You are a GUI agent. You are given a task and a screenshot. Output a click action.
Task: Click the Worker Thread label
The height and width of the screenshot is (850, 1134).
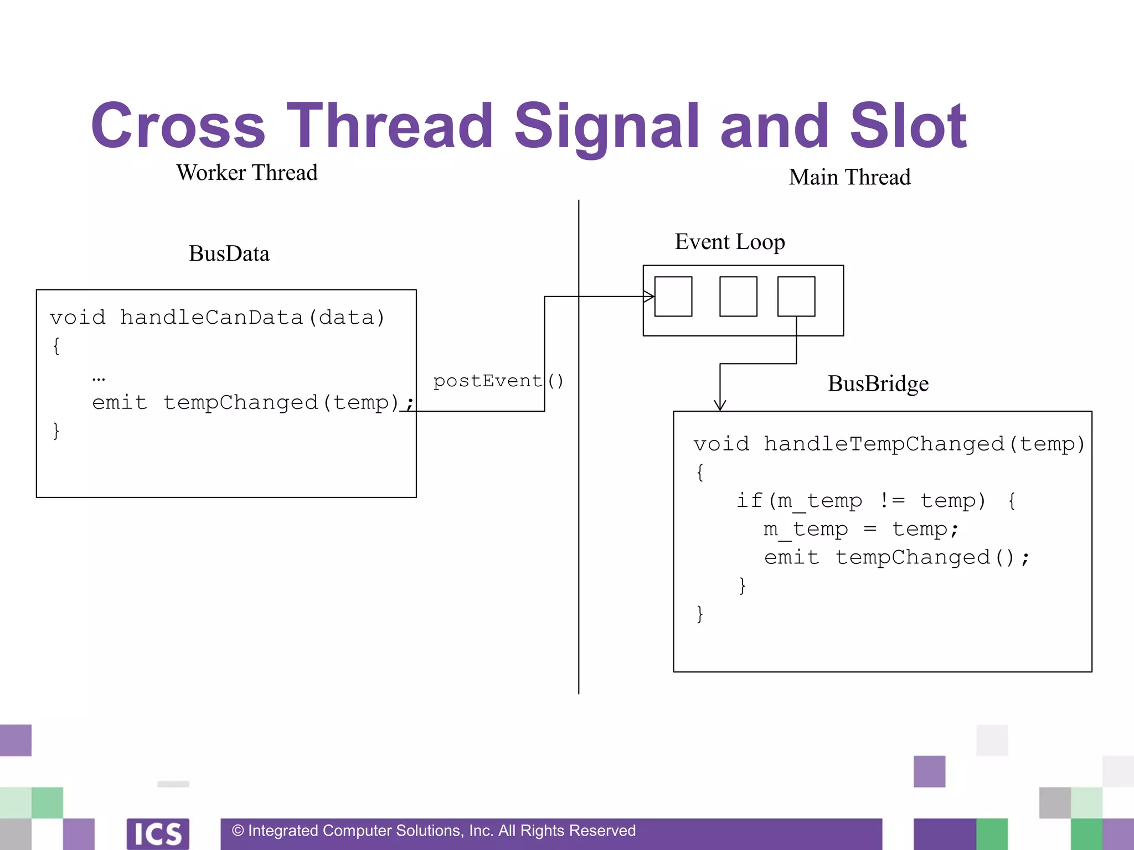[x=247, y=173]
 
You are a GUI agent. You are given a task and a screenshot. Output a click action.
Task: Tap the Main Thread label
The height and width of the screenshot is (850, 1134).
[x=849, y=177]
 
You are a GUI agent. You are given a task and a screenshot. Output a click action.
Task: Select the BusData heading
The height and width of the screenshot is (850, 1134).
[x=229, y=253]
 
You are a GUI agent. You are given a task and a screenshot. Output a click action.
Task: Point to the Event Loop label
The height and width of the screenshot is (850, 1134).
[x=730, y=242]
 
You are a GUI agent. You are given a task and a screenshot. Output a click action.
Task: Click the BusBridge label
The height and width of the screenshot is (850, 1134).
[x=878, y=383]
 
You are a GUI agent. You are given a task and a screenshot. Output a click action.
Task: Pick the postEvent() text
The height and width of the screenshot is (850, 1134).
[x=498, y=381]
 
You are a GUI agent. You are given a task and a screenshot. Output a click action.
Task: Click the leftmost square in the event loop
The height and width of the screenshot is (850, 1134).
[x=673, y=297]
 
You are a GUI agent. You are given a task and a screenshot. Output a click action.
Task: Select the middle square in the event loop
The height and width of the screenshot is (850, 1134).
[x=738, y=297]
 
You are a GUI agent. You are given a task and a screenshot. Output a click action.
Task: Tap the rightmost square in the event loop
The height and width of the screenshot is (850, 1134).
[x=796, y=297]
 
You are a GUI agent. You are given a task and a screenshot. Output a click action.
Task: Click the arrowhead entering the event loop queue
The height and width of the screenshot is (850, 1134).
[x=650, y=297]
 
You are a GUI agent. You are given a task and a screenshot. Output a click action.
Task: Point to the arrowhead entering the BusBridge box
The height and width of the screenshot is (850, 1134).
[x=720, y=405]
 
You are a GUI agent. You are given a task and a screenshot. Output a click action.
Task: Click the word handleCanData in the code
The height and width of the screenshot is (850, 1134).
[x=212, y=318]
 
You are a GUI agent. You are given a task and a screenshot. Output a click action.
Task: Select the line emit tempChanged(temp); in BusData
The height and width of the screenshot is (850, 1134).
[x=252, y=402]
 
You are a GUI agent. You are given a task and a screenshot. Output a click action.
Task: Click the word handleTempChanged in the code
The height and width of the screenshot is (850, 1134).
[x=884, y=444]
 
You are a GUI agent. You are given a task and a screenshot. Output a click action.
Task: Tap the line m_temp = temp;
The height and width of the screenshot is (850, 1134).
[x=860, y=529]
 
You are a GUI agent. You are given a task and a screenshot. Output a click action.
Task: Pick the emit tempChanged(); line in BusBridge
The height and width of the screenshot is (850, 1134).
[x=896, y=557]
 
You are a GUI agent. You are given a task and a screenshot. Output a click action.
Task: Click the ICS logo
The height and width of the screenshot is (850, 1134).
[x=158, y=833]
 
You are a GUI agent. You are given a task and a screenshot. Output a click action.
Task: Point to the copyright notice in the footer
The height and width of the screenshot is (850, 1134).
[x=434, y=831]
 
